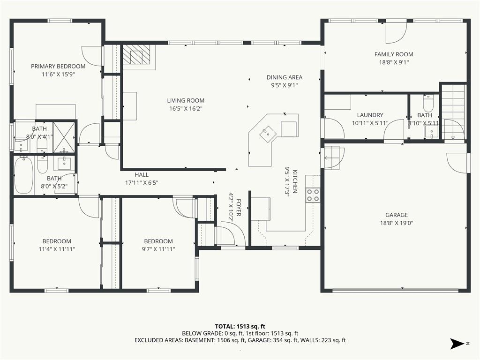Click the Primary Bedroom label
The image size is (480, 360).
click(x=58, y=66)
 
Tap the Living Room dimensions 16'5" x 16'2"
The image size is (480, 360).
click(x=186, y=108)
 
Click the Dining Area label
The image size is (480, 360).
click(x=285, y=77)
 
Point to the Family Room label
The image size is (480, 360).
click(x=394, y=54)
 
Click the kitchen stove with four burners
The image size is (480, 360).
click(x=313, y=195)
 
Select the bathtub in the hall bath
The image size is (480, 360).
click(x=23, y=175)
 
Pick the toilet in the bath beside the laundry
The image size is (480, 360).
click(x=428, y=104)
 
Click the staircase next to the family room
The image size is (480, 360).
click(x=453, y=112)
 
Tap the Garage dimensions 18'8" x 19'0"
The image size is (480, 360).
click(x=397, y=223)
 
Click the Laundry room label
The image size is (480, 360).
click(x=370, y=115)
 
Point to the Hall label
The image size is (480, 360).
click(x=142, y=175)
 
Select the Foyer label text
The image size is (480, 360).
click(x=239, y=208)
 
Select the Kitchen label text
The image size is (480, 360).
click(x=295, y=181)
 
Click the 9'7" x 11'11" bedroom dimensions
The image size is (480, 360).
click(x=158, y=249)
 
